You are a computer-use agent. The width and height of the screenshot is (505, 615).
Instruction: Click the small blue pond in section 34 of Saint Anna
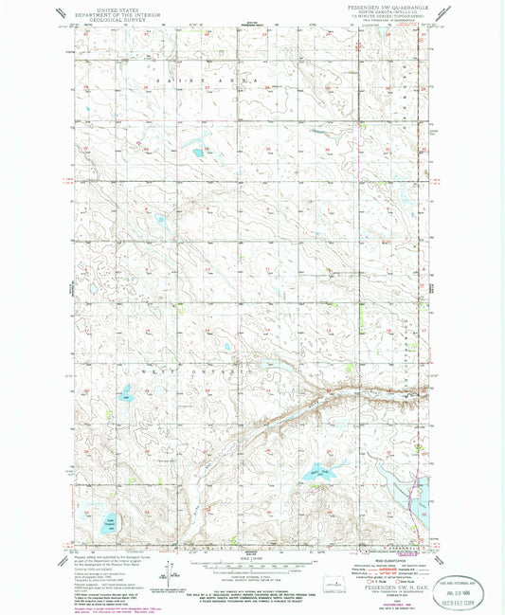pyautogui.click(x=197, y=151)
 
